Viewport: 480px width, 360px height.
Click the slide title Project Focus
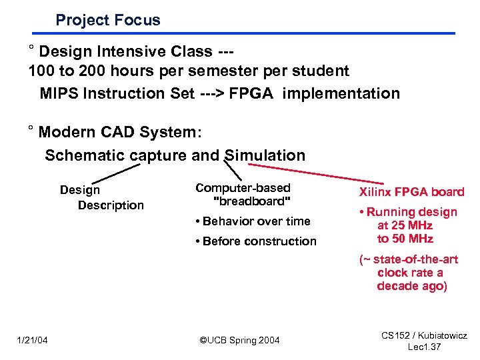[108, 20]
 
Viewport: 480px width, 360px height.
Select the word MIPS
[60, 93]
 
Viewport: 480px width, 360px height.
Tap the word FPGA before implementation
[253, 93]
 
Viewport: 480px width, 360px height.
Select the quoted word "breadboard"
[251, 201]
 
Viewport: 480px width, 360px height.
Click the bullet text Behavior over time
[253, 221]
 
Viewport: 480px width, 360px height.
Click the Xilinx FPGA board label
[411, 192]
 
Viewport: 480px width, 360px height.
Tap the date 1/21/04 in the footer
[32, 341]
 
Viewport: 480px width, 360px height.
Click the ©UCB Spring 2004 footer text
[240, 341]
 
